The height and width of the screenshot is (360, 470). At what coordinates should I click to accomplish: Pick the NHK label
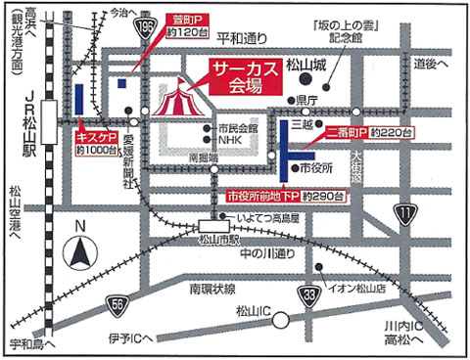229,139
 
